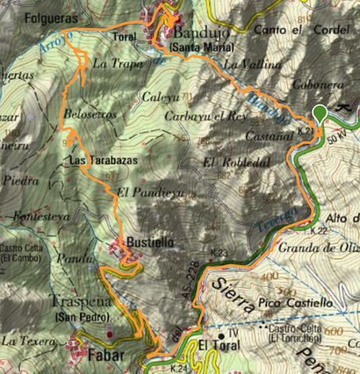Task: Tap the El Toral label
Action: [x=216, y=344]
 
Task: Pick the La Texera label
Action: [x=30, y=341]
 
